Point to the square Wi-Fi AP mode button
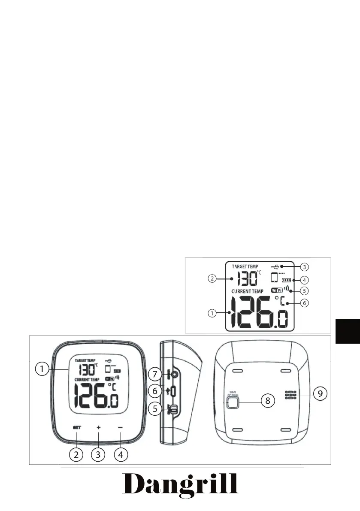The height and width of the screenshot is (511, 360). [x=232, y=402]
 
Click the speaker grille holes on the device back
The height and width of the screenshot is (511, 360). [x=290, y=395]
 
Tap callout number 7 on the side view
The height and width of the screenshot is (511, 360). [x=154, y=362]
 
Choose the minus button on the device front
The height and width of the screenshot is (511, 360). [x=121, y=427]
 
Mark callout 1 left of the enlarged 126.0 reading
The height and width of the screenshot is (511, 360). [x=212, y=313]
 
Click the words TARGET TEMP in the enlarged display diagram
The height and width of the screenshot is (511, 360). [x=245, y=266]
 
